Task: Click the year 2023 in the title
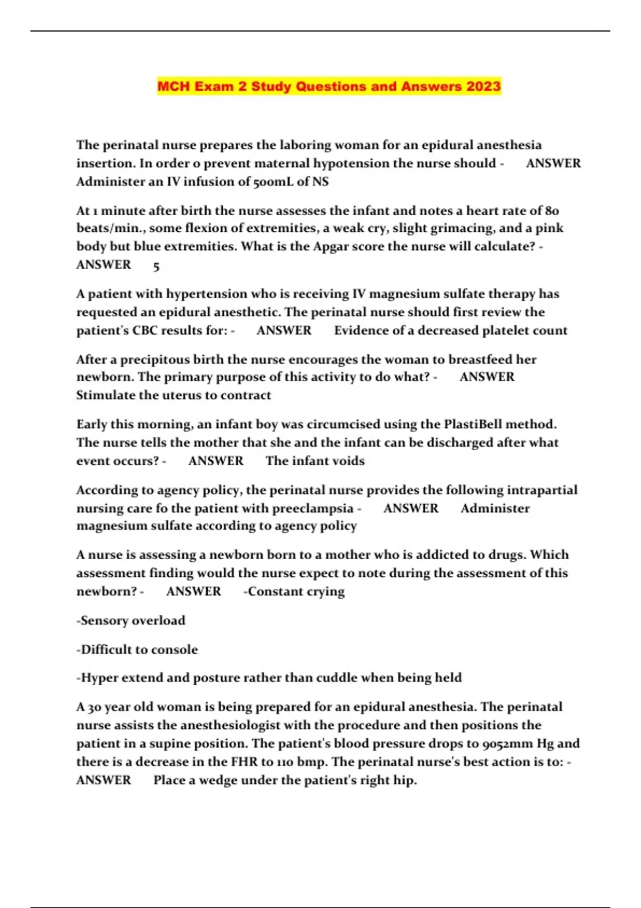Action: coord(483,87)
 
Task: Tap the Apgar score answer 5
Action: coord(156,266)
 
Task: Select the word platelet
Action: coord(508,330)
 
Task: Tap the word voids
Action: coord(347,461)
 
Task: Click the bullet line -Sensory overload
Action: coord(131,621)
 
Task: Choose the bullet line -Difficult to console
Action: coord(137,649)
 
